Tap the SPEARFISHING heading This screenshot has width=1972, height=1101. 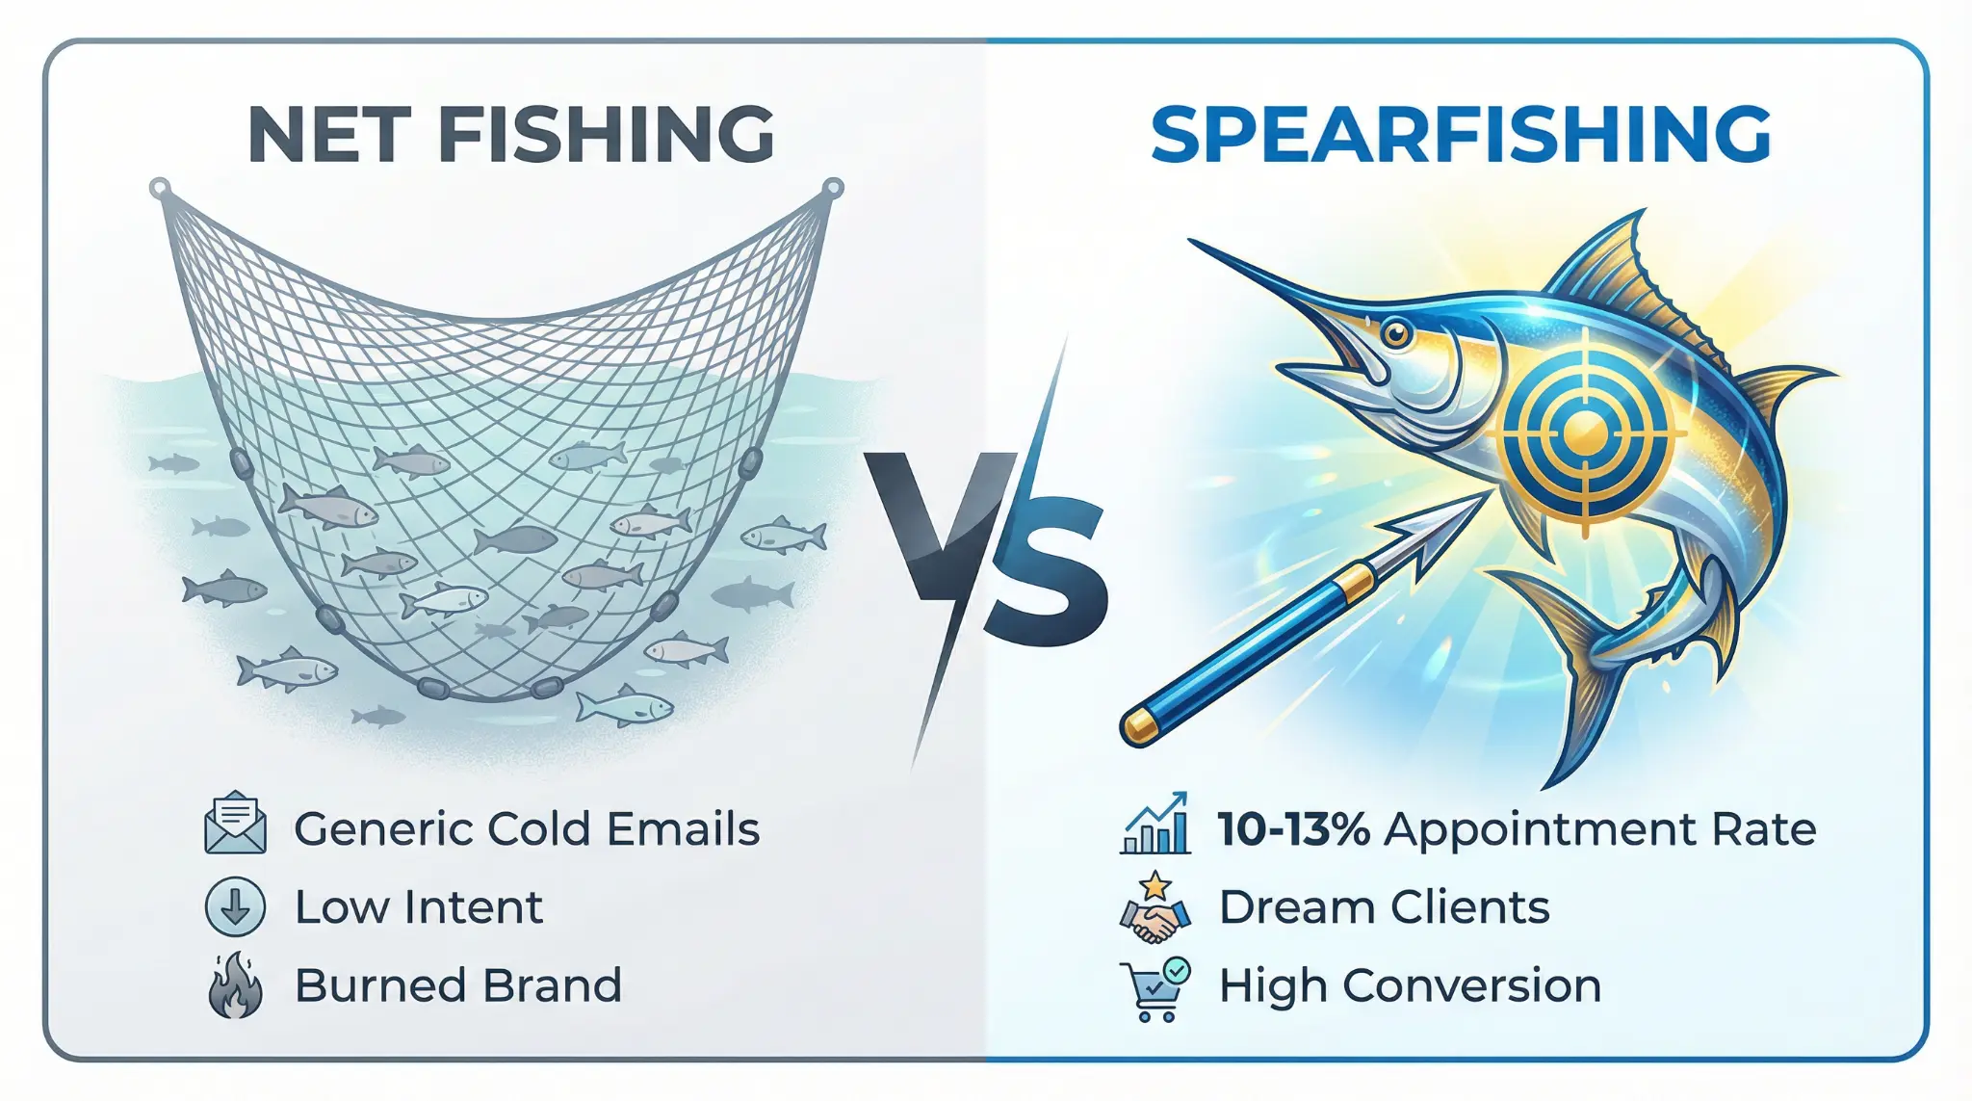[x=1460, y=135]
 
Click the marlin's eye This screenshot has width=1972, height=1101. [x=1395, y=334]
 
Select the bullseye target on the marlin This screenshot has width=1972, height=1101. [x=1585, y=434]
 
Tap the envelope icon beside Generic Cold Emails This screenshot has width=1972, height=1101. [x=235, y=825]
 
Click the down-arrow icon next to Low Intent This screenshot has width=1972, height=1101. [x=235, y=906]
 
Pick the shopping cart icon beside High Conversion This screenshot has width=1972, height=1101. [x=1155, y=988]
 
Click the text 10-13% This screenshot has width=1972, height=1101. [x=1293, y=829]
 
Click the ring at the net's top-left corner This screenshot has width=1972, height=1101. [x=160, y=187]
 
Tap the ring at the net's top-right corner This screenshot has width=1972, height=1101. [x=833, y=188]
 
